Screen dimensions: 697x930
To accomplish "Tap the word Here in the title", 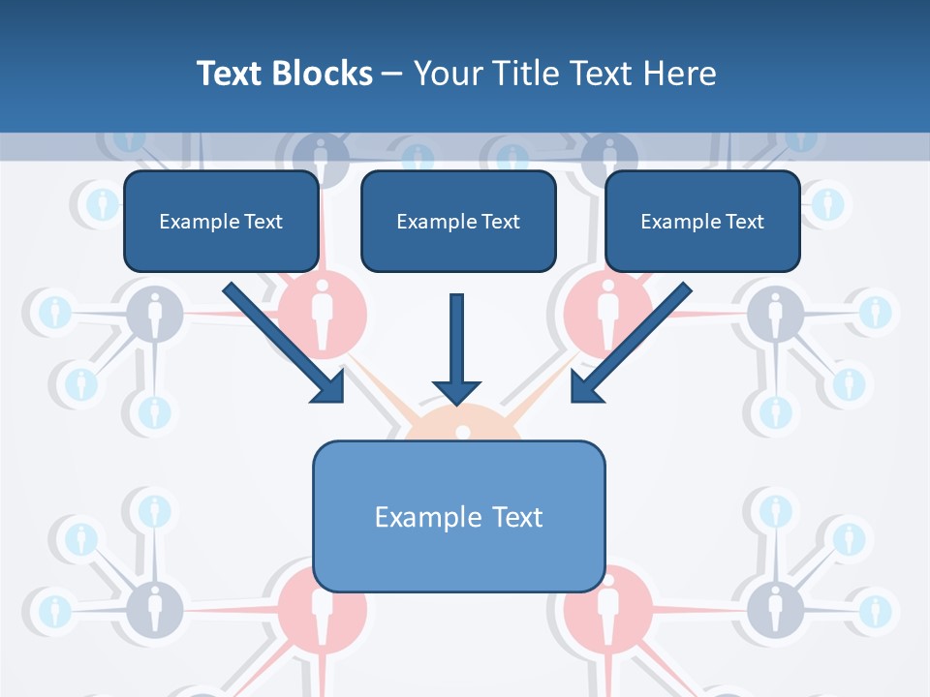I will [682, 74].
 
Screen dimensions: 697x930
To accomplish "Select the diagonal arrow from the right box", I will [630, 343].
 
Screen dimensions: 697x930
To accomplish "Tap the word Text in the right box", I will [745, 222].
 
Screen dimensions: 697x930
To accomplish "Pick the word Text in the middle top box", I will [501, 222].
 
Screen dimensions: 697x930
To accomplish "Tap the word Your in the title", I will [446, 74].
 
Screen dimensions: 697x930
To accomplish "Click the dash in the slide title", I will [391, 75].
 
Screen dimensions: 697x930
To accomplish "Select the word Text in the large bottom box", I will [517, 517].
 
